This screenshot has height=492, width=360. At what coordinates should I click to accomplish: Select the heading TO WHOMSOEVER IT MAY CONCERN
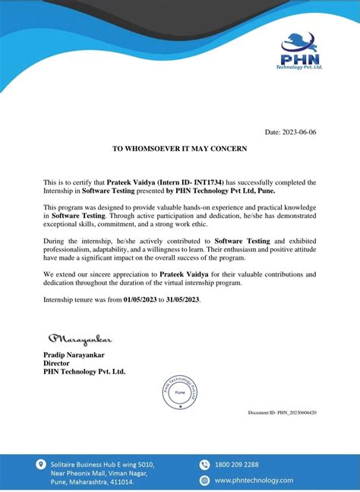click(x=179, y=149)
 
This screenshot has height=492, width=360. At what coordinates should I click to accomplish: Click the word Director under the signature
click(x=57, y=363)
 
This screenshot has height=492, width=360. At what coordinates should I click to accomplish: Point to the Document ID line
click(x=283, y=412)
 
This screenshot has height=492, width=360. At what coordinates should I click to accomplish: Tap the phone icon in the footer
click(x=204, y=464)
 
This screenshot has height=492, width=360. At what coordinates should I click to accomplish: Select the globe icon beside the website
click(x=204, y=481)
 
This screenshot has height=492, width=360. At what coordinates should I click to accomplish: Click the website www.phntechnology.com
click(x=253, y=481)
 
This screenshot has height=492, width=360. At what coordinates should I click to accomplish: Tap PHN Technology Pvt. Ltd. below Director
click(x=84, y=371)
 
